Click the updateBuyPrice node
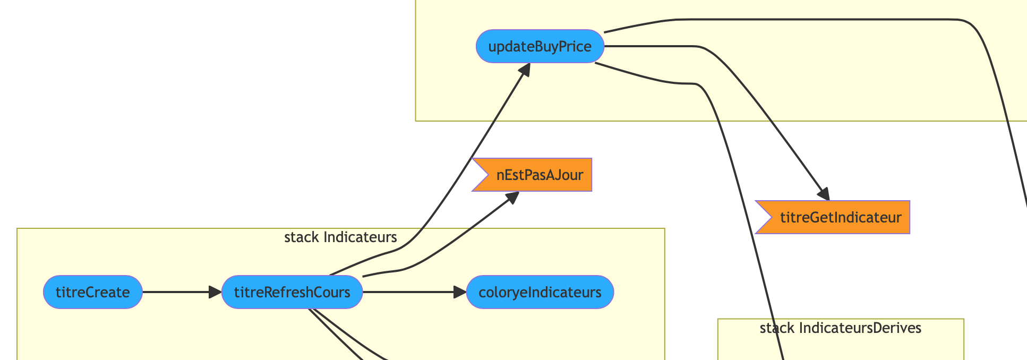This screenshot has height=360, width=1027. [x=540, y=46]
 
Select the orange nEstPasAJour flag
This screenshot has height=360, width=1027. [x=533, y=175]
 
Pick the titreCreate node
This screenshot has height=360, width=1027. [x=93, y=292]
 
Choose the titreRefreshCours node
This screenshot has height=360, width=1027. [x=292, y=292]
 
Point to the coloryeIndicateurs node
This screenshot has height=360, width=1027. [x=540, y=292]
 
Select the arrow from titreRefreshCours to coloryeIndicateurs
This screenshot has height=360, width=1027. [x=409, y=292]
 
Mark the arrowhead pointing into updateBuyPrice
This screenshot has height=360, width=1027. [x=525, y=69]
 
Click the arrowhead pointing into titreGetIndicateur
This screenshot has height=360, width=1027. [x=823, y=195]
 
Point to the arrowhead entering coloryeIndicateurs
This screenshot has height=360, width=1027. [x=460, y=292]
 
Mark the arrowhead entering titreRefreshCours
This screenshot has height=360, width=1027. [x=215, y=292]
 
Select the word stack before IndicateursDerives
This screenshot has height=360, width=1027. [x=777, y=328]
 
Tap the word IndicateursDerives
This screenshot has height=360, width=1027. [x=860, y=328]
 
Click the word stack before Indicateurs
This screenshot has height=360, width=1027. [x=302, y=237]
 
